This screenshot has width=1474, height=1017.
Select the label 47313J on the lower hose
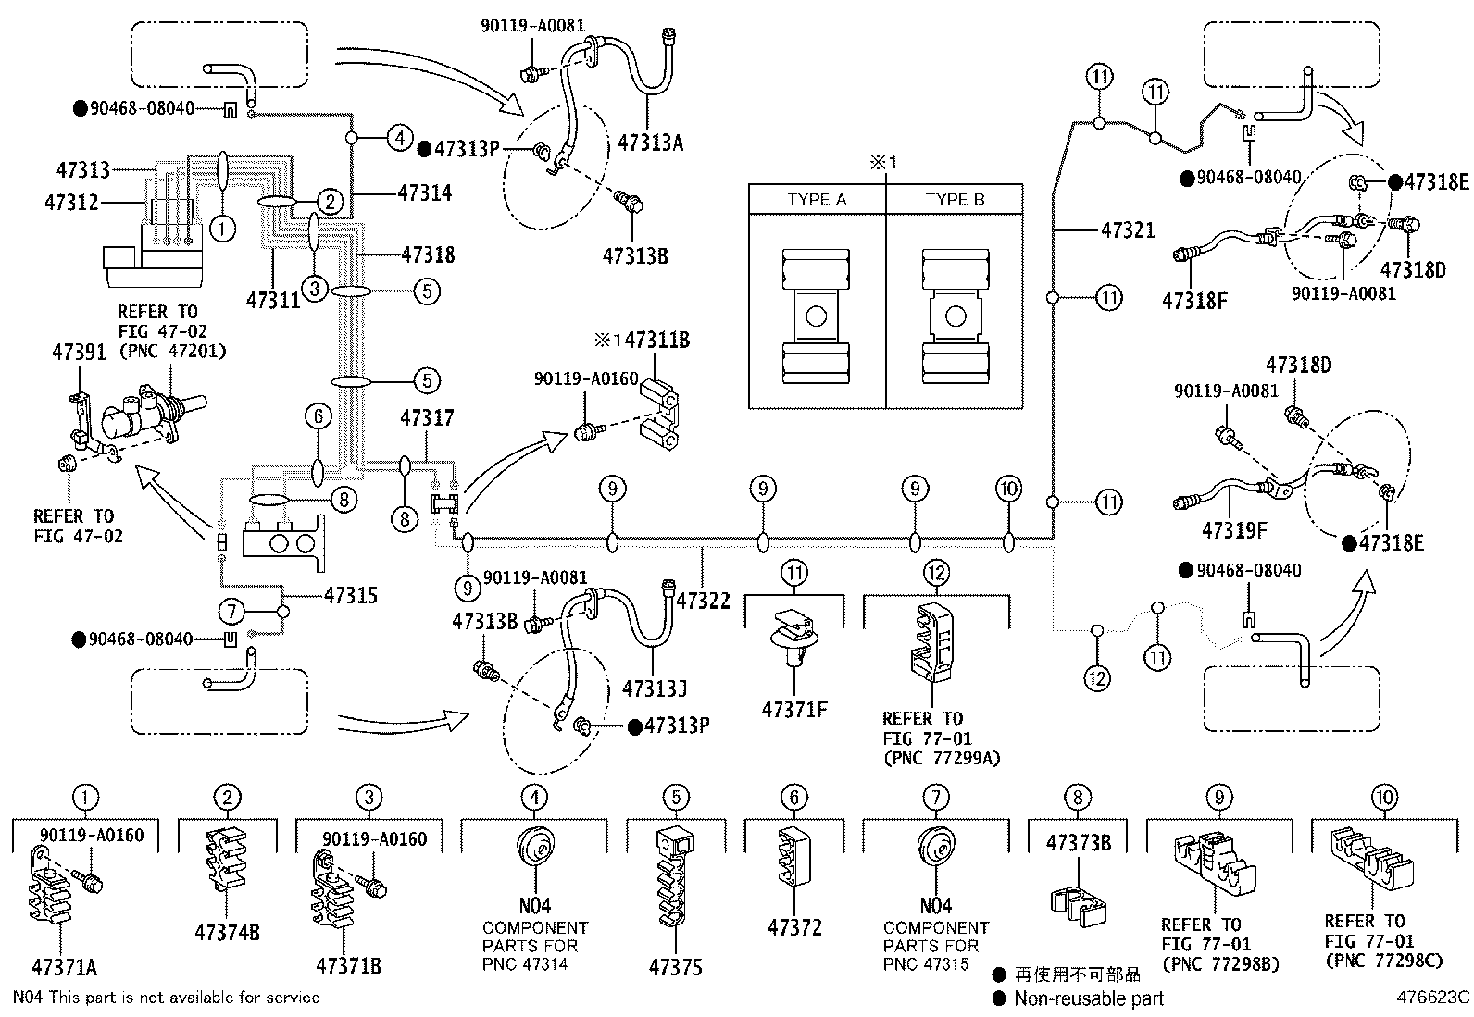[655, 689]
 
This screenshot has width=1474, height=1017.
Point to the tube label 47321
[1128, 229]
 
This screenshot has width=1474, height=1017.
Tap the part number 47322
[703, 601]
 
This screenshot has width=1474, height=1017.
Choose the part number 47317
[427, 418]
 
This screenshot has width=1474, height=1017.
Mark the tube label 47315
[350, 595]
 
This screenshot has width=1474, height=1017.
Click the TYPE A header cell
[817, 200]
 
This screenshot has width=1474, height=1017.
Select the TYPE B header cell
[955, 200]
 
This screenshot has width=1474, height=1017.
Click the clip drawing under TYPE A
[816, 316]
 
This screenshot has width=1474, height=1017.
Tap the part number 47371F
[794, 710]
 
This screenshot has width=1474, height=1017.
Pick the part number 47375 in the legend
[675, 968]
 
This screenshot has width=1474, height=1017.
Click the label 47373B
[1079, 843]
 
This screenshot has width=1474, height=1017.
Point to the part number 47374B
[227, 932]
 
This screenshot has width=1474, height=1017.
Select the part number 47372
[794, 927]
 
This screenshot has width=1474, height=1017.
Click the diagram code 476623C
[1433, 998]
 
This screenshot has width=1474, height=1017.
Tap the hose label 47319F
[1234, 531]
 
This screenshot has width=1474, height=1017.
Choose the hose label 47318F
[1195, 300]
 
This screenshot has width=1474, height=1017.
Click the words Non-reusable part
[1089, 998]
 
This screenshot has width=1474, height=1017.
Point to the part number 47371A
[64, 968]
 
